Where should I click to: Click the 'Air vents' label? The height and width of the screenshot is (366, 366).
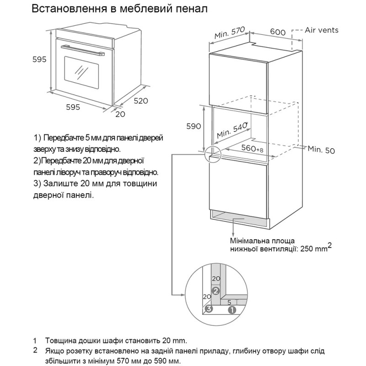click(x=322, y=30)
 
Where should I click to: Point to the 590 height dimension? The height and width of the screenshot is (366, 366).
click(x=193, y=127)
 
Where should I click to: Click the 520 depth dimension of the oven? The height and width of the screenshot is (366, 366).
click(x=141, y=101)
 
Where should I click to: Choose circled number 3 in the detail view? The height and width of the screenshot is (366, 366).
click(x=209, y=309)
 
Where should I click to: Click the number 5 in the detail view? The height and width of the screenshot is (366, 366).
click(x=229, y=302)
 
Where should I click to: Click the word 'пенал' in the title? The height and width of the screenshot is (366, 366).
click(x=183, y=9)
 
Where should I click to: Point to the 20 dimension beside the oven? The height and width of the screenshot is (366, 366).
click(x=120, y=114)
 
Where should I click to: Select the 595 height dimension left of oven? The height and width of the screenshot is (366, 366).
click(x=39, y=59)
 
